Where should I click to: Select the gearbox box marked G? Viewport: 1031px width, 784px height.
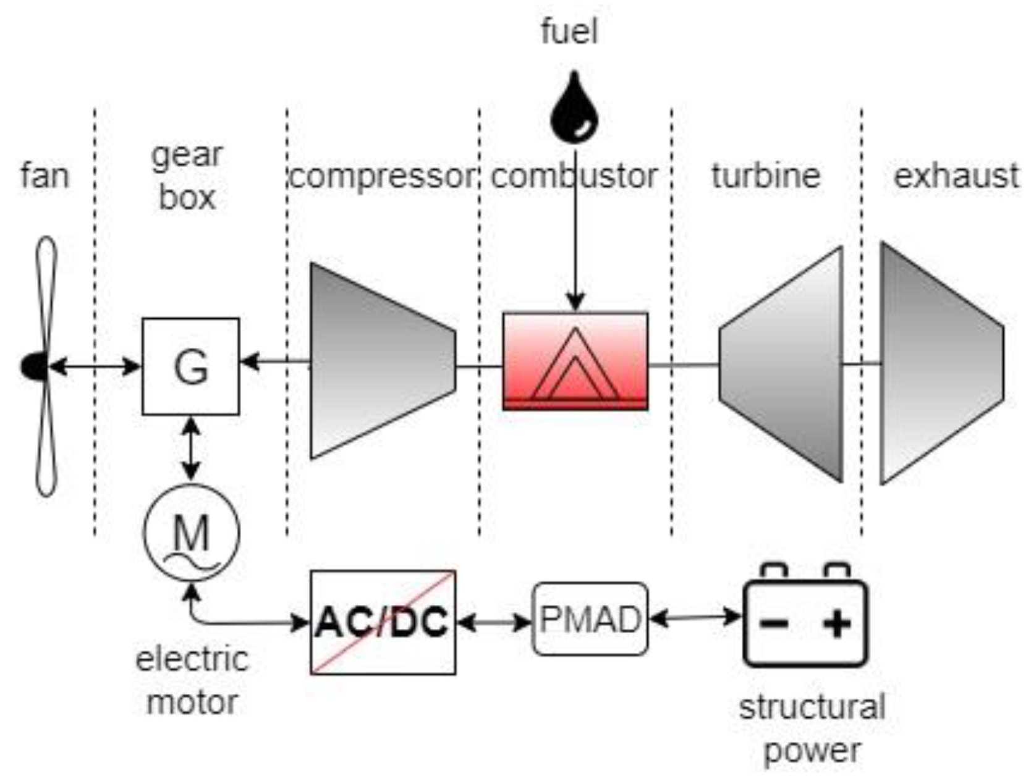190,366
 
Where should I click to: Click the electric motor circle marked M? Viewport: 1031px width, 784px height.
191,533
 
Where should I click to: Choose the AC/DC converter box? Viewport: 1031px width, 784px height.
383,622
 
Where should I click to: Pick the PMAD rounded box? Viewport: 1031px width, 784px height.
590,619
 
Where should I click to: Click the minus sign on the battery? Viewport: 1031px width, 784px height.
773,623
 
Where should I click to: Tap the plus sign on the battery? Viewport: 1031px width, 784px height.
837,623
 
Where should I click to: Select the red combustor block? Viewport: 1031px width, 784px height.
575,361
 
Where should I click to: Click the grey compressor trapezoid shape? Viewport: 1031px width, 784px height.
382,361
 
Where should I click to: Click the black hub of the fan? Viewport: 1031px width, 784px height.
35,366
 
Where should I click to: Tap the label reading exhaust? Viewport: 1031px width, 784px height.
956,175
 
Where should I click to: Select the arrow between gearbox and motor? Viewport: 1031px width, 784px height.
191,449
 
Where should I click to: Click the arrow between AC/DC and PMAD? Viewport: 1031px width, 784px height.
494,622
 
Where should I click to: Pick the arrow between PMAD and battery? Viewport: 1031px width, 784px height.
695,617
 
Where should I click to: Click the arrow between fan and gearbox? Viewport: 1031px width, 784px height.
95,366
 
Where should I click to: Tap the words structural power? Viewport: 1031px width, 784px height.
812,729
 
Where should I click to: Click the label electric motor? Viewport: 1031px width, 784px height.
192,681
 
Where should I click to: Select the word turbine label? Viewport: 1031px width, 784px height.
766,175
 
